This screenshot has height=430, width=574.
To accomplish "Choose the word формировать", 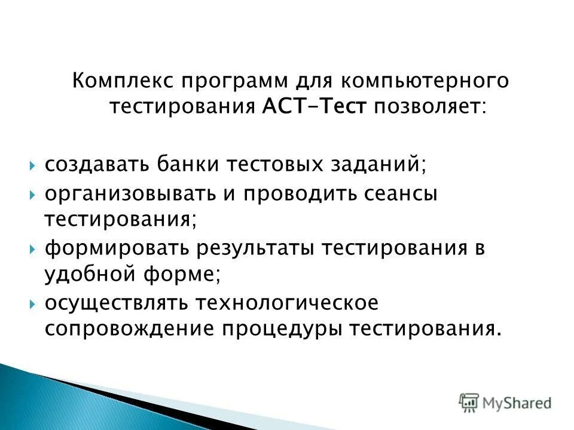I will tap(113, 248).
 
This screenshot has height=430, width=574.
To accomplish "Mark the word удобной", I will tap(89, 275).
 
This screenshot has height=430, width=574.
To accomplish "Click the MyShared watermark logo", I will tap(505, 403).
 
